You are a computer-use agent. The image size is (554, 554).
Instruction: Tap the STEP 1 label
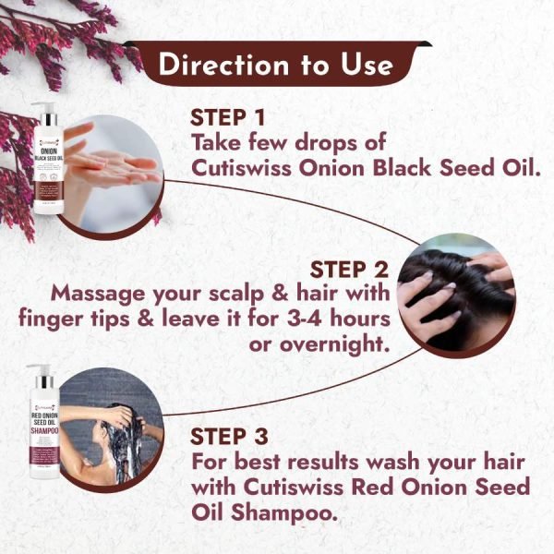pos(227,119)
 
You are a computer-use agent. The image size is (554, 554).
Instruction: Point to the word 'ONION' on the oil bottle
pos(54,147)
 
